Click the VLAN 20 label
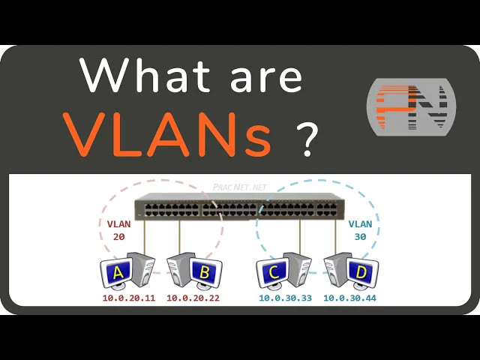click(x=118, y=229)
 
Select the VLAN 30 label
click(x=360, y=229)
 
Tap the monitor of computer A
click(x=118, y=273)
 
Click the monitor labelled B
click(x=202, y=273)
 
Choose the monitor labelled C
click(x=274, y=273)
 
